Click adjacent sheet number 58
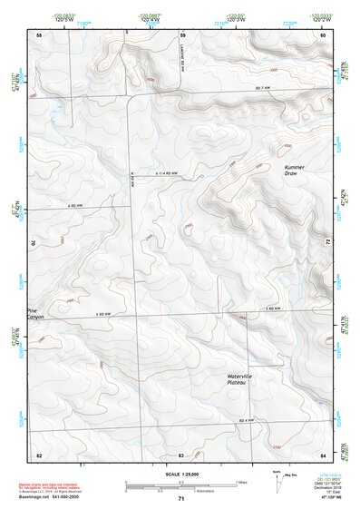click(x=39, y=34)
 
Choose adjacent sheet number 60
click(x=323, y=34)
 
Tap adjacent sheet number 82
click(x=39, y=454)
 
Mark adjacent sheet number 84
click(x=323, y=454)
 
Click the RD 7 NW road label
click(x=263, y=87)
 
